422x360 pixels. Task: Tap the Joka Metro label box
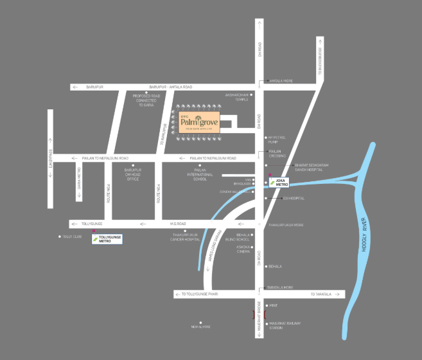pyautogui.click(x=279, y=182)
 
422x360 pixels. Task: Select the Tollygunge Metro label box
pyautogui.click(x=107, y=239)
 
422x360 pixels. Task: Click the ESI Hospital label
pyautogui.click(x=294, y=198)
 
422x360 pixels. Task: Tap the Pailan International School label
pyautogui.click(x=197, y=175)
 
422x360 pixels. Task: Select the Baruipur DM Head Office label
pyautogui.click(x=133, y=174)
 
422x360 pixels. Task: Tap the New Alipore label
pyautogui.click(x=201, y=327)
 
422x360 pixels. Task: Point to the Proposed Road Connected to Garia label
pyautogui.click(x=145, y=100)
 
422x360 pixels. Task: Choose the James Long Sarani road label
pyautogui.click(x=215, y=247)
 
